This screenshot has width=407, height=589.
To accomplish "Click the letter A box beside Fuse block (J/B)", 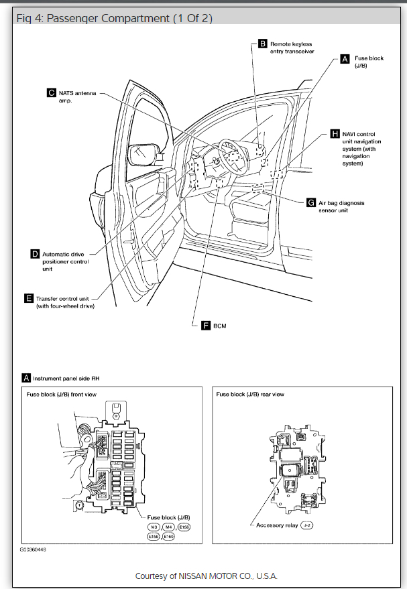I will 345,59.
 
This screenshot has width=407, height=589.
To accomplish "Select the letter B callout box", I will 263,44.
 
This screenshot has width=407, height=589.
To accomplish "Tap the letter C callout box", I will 51,93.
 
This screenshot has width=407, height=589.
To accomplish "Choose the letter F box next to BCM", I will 206,325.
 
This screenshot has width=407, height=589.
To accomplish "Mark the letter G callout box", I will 310,202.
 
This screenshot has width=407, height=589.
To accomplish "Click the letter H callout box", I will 337,135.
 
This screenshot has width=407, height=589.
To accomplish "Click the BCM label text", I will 221,326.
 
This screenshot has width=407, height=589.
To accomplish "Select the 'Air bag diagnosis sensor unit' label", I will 341,206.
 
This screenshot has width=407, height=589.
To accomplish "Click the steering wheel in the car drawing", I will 228,155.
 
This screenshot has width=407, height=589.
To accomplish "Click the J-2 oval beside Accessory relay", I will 308,525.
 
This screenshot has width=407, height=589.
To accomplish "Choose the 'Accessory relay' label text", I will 276,525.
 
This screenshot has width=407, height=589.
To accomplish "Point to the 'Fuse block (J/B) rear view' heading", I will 250,395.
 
